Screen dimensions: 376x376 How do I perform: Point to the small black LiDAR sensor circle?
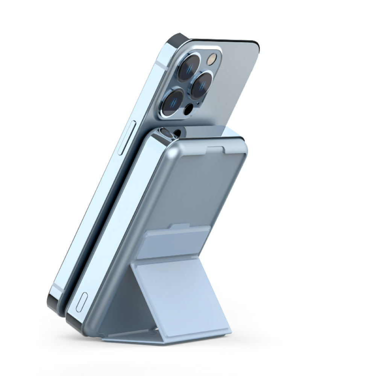pyautogui.click(x=188, y=110)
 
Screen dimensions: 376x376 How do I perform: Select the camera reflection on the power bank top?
pyautogui.click(x=167, y=132)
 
